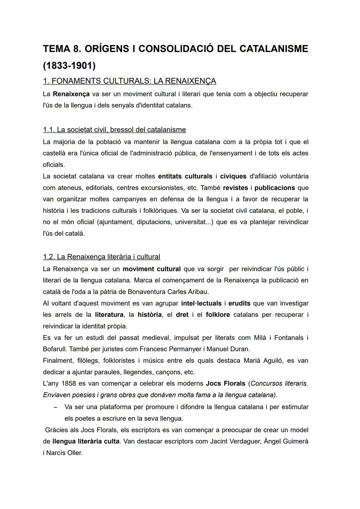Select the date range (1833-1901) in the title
(x=69, y=66)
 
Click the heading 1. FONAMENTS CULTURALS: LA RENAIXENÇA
(x=129, y=81)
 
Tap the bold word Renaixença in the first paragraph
(x=71, y=94)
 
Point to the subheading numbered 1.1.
(x=114, y=130)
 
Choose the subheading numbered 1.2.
(x=101, y=257)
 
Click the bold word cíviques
(x=233, y=176)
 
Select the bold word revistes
(x=235, y=188)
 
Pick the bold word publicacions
(x=275, y=188)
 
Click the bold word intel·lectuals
(x=201, y=303)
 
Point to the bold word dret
(x=182, y=315)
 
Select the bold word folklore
(x=218, y=315)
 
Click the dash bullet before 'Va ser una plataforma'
(x=56, y=407)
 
